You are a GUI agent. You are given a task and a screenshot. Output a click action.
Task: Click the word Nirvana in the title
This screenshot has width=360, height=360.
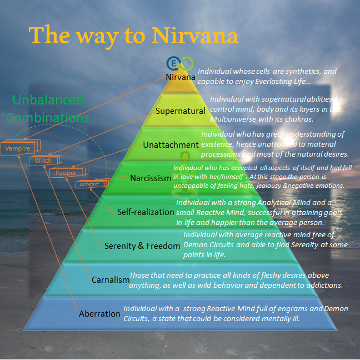pyautogui.click(x=201, y=35)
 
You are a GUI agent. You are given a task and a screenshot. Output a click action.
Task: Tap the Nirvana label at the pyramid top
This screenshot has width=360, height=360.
pyautogui.click(x=181, y=77)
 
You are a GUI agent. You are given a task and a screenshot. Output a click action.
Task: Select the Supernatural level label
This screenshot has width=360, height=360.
pyautogui.click(x=181, y=111)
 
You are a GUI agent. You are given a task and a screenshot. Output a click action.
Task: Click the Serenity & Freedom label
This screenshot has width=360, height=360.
pyautogui.click(x=143, y=246)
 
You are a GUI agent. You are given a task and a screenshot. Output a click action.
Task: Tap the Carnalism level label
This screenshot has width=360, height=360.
pyautogui.click(x=110, y=279)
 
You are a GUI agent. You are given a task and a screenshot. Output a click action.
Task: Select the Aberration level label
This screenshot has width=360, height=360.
pyautogui.click(x=99, y=313)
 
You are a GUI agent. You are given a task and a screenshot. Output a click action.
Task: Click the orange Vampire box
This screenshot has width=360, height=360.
pyautogui.click(x=18, y=148)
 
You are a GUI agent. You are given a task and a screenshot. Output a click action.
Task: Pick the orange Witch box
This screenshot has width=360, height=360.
pyautogui.click(x=43, y=161)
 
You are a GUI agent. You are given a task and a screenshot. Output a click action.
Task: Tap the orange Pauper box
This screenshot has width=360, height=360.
pyautogui.click(x=66, y=173)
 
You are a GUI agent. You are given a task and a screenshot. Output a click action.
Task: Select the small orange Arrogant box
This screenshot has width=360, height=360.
pyautogui.click(x=89, y=184)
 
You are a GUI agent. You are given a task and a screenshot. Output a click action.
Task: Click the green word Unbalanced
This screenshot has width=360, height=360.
pyautogui.click(x=48, y=101)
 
